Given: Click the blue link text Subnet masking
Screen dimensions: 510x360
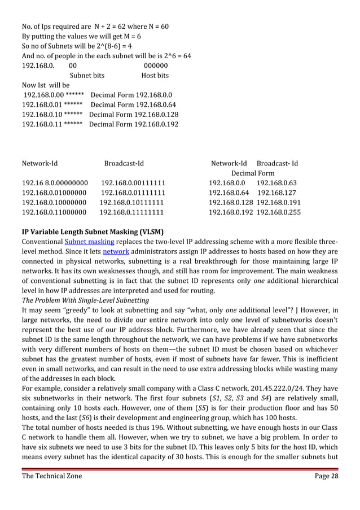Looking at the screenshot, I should [83, 242].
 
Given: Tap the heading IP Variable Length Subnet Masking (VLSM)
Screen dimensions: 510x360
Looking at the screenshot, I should [93, 232].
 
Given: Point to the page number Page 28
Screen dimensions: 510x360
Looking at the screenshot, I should [326, 476].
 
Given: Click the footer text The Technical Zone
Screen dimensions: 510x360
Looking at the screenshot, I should [51, 476].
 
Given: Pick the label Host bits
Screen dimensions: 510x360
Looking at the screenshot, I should [155, 75].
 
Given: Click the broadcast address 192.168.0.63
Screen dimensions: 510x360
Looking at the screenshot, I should [276, 183].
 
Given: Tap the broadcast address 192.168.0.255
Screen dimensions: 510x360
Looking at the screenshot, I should [279, 212].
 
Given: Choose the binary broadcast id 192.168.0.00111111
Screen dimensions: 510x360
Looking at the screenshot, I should [133, 183].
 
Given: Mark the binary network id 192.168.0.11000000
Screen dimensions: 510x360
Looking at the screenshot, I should [54, 212].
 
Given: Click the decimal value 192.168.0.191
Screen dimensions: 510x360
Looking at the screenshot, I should [279, 203].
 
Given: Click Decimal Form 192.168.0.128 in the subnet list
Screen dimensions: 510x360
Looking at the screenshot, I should [134, 114].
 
